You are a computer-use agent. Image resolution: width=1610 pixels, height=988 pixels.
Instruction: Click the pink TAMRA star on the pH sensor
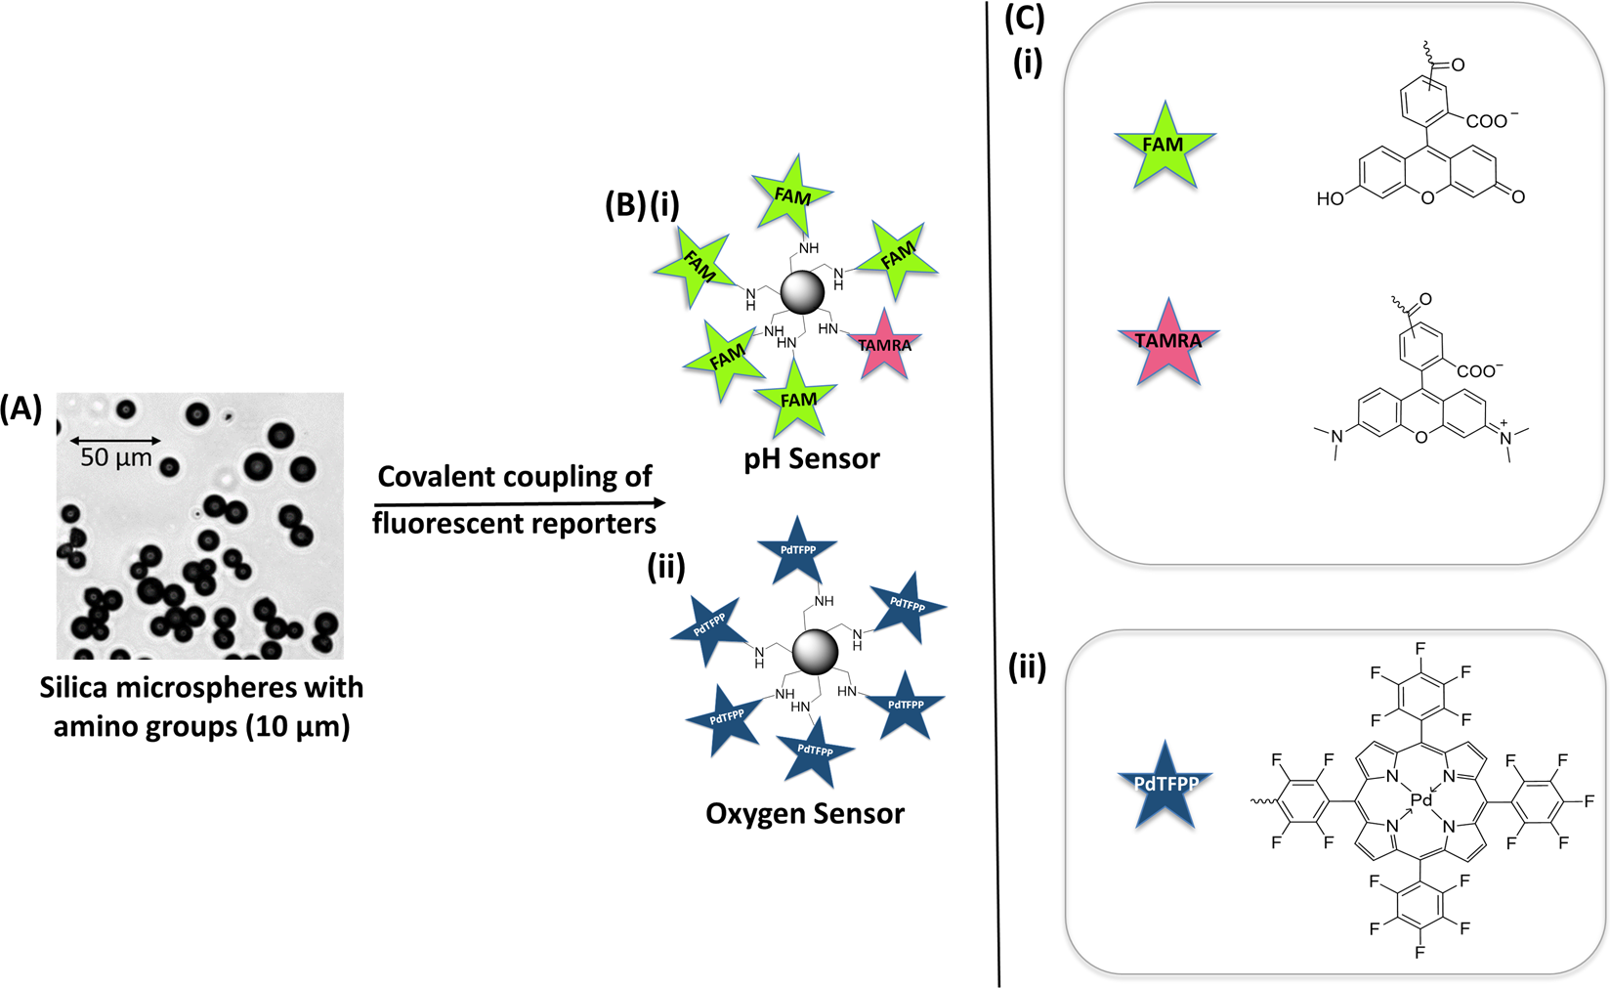point(885,345)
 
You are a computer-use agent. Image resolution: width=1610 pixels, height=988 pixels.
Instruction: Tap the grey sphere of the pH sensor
point(802,291)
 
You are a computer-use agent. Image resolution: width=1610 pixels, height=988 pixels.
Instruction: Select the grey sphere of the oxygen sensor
point(816,652)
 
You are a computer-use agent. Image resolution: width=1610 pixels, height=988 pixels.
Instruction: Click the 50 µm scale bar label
point(116,458)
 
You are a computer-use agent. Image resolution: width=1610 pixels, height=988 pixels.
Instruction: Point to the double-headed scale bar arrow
point(115,441)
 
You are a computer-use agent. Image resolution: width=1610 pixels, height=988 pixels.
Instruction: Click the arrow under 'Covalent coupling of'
point(518,502)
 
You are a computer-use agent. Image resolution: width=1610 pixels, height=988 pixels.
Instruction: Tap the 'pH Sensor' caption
point(811,458)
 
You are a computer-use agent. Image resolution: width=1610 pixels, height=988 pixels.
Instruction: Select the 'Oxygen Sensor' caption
point(805,814)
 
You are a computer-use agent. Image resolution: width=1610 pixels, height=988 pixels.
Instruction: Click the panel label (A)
point(21,408)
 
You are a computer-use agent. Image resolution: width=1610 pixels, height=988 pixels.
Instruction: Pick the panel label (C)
point(1025,18)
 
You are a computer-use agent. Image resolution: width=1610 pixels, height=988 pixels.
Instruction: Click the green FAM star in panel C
point(1164,145)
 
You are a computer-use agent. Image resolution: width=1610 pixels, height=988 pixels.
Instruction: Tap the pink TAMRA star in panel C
point(1168,342)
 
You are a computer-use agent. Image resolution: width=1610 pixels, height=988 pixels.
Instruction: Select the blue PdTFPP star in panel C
point(1165,784)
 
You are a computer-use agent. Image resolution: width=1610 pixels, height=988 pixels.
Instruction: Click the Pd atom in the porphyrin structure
point(1421,800)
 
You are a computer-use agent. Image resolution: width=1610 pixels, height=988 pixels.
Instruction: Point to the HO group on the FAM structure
point(1331,199)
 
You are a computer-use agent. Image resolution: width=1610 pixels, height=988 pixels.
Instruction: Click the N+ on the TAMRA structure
point(1504,439)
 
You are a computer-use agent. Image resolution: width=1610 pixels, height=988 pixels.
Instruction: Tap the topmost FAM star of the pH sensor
point(792,195)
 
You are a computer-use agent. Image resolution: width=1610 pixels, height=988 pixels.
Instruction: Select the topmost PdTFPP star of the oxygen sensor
point(798,550)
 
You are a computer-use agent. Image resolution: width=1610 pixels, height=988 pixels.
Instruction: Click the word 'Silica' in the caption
point(73,688)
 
